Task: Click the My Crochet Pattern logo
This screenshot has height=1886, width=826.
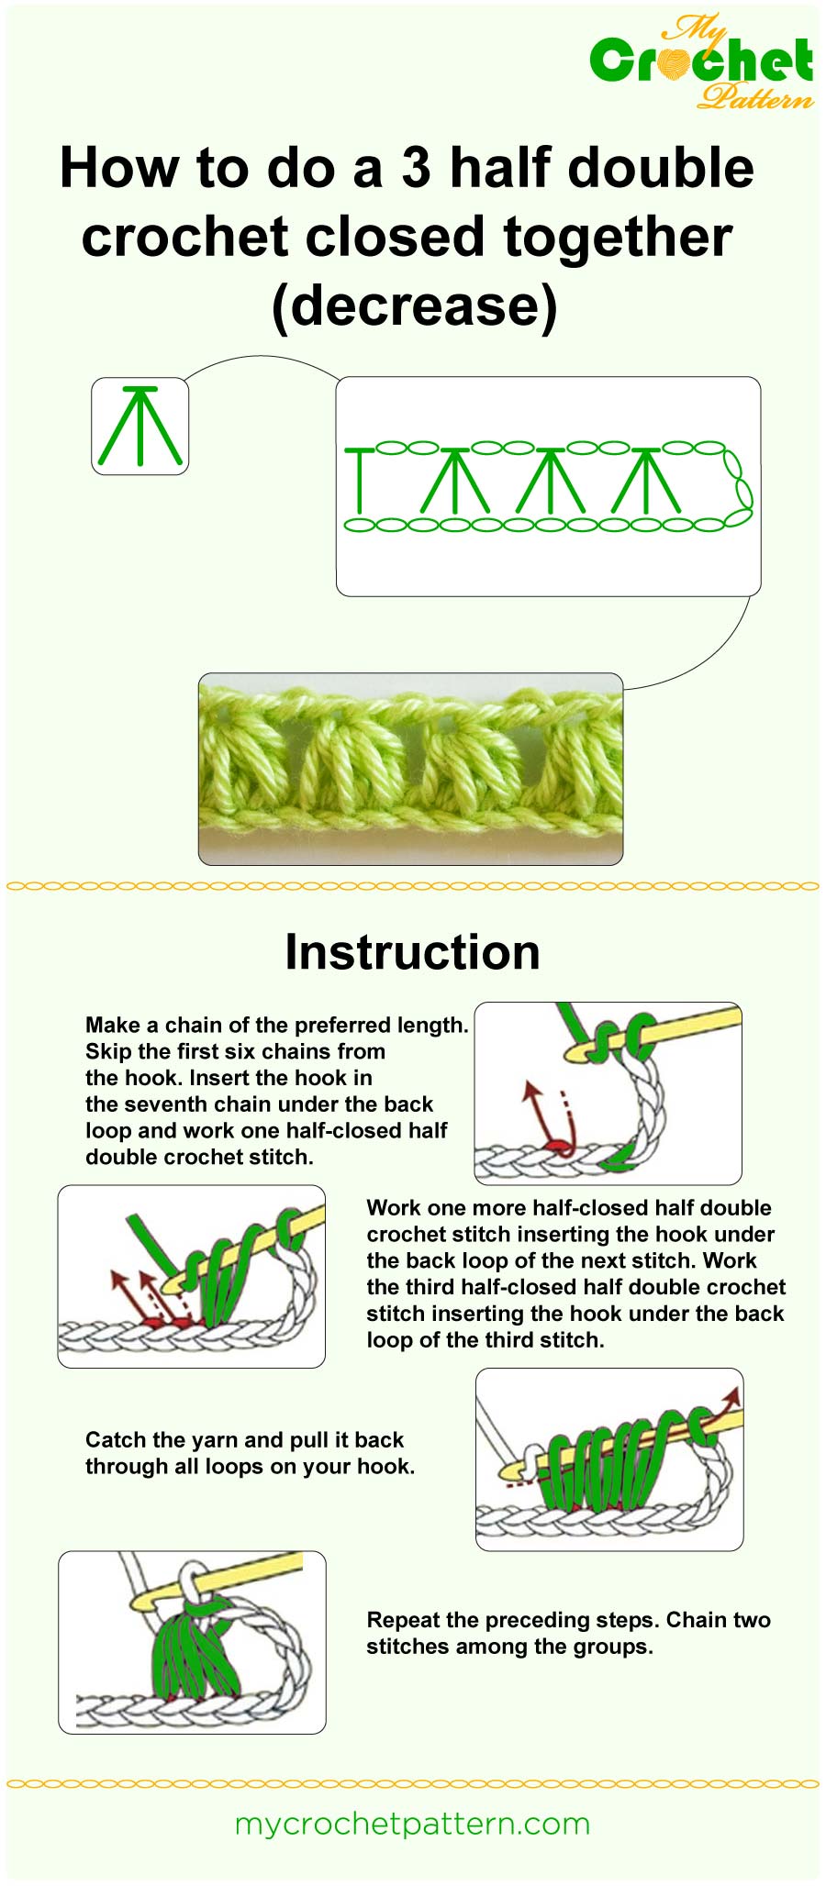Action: [702, 62]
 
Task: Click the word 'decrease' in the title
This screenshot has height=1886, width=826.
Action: [414, 305]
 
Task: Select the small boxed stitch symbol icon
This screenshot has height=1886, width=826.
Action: [140, 427]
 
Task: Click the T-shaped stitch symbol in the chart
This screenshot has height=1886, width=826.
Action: [360, 480]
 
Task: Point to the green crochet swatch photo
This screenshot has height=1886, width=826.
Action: [410, 769]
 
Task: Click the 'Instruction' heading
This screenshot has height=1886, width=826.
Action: [412, 952]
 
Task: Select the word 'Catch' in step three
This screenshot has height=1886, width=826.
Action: [114, 1440]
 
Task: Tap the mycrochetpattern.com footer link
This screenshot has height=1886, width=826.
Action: [412, 1824]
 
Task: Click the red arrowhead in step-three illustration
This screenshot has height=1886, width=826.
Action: [731, 1396]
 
